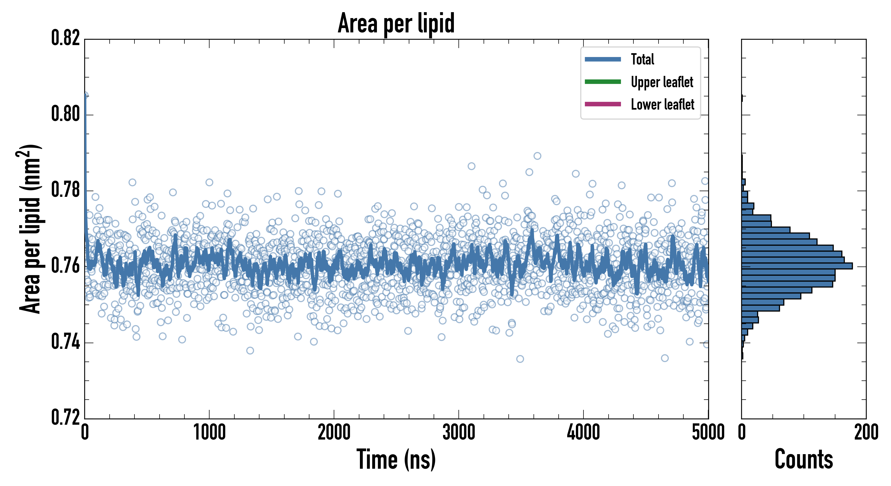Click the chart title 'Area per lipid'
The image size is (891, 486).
(396, 23)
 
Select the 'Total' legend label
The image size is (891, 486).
(642, 59)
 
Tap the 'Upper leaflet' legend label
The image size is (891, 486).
(662, 82)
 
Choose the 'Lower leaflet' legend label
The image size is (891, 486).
(662, 104)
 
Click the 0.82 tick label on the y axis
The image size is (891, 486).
(65, 38)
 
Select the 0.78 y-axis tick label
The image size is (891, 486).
(65, 190)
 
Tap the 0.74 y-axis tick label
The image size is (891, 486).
(65, 342)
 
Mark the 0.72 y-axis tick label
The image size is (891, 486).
(65, 417)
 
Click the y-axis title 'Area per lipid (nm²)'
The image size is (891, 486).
(29, 229)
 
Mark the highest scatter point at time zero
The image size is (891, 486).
(85, 95)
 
